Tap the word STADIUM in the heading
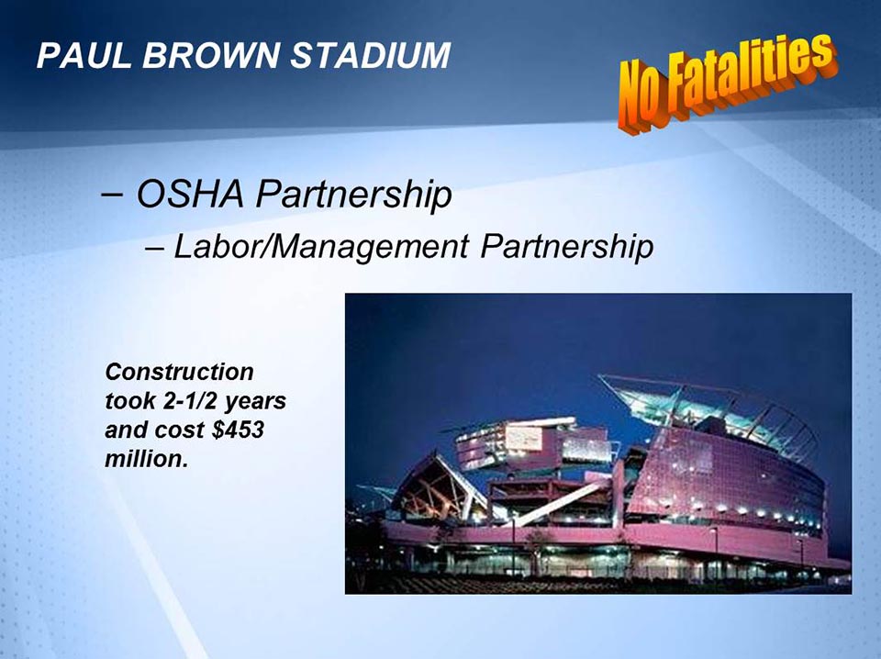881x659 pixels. pyautogui.click(x=370, y=56)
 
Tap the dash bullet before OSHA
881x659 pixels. pyautogui.click(x=111, y=194)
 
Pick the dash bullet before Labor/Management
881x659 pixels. pyautogui.click(x=155, y=247)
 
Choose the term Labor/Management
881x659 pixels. pyautogui.click(x=320, y=247)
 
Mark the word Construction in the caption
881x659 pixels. pyautogui.click(x=179, y=372)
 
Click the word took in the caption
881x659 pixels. pyautogui.click(x=128, y=401)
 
